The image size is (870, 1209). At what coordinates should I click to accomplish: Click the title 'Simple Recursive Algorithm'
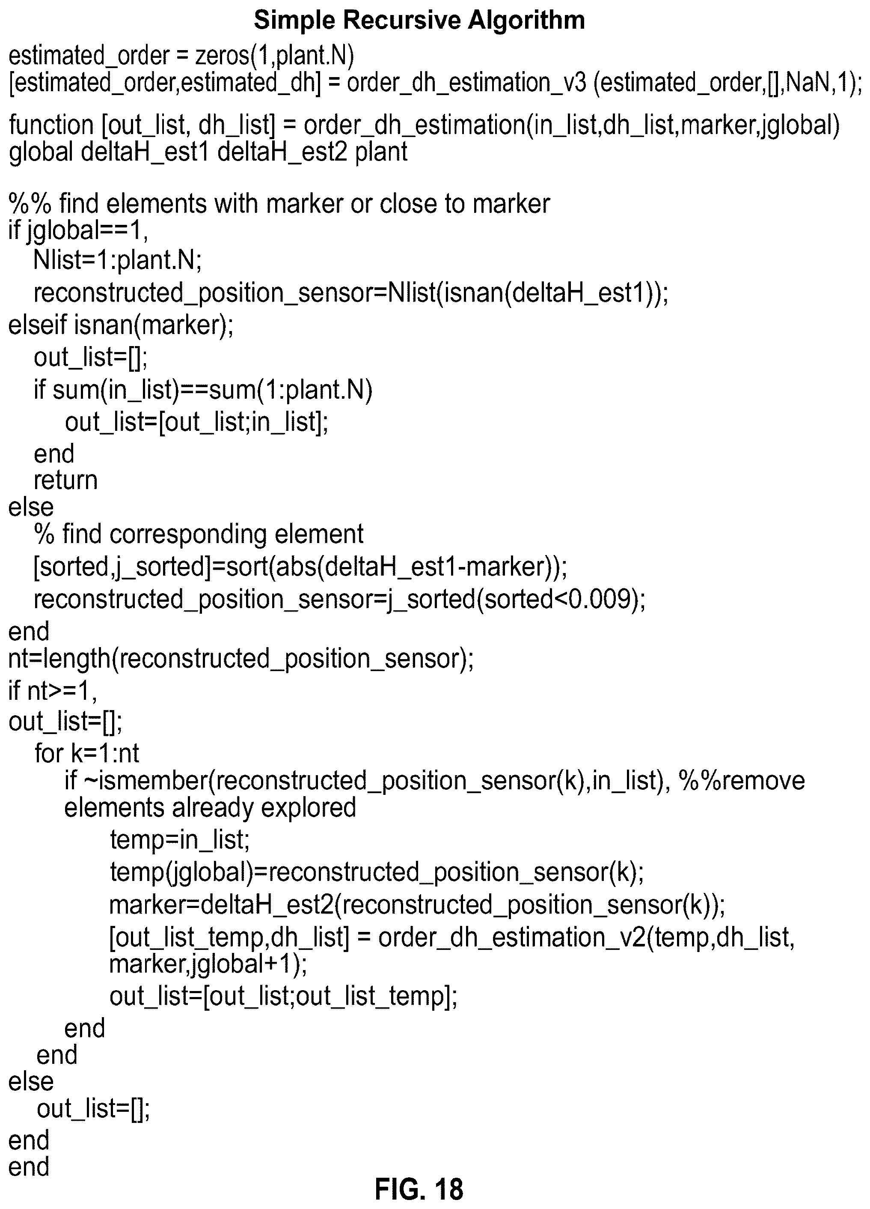[419, 20]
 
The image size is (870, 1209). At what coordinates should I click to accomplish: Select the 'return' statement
[65, 480]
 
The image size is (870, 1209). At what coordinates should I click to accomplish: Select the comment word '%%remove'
[742, 780]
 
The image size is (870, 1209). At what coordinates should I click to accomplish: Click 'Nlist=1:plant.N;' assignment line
[118, 260]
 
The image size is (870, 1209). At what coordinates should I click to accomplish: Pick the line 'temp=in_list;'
[180, 839]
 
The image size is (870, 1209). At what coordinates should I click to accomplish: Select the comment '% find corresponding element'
[199, 534]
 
